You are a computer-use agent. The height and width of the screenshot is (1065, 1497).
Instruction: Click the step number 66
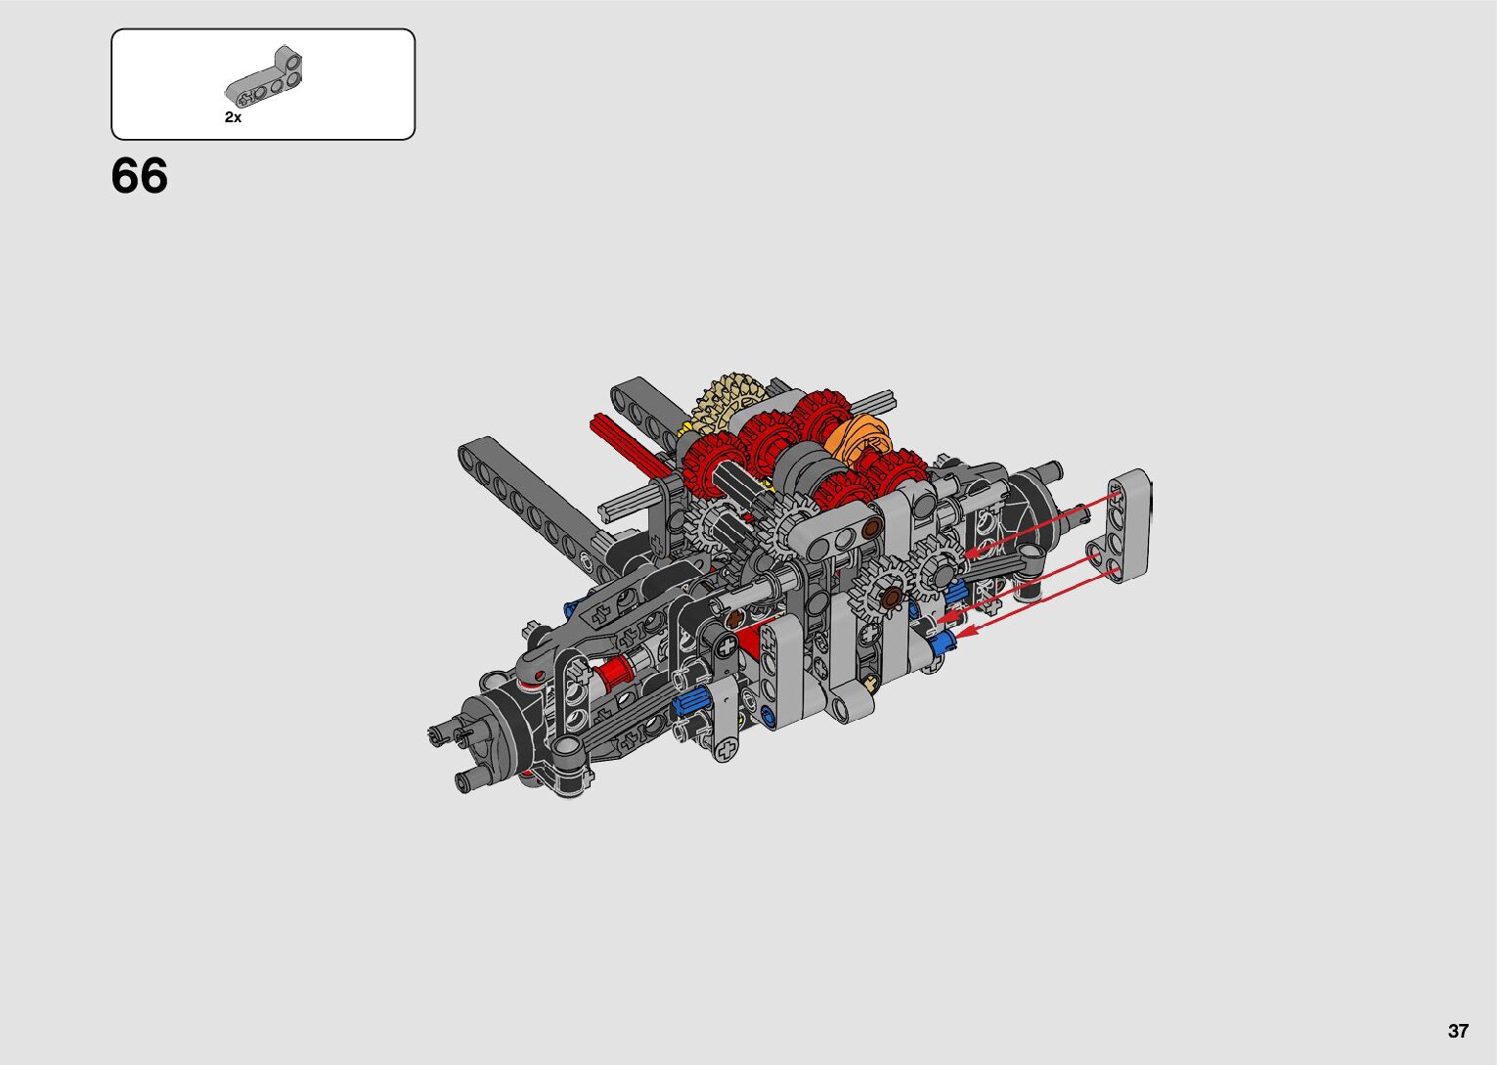(x=139, y=176)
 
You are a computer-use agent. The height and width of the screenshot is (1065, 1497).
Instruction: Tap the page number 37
(x=1458, y=1031)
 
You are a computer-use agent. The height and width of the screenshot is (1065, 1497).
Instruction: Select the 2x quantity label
(x=234, y=117)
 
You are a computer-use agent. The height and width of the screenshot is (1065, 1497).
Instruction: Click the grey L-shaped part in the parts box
(x=264, y=79)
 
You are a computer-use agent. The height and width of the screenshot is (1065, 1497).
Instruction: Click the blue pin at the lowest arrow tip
(x=943, y=643)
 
